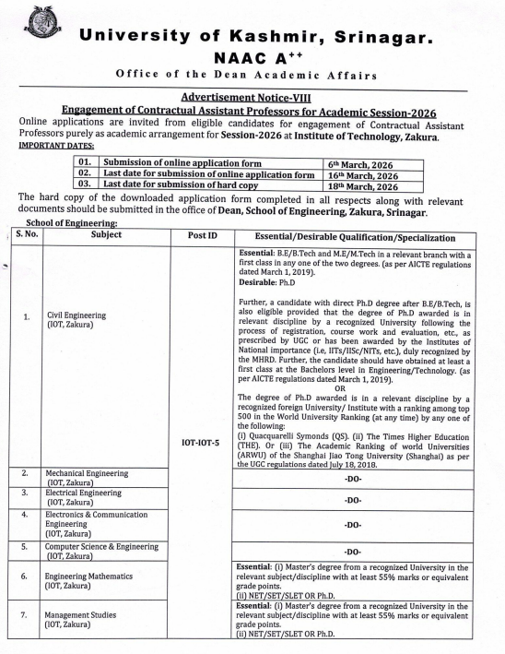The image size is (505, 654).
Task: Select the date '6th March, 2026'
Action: pos(362,163)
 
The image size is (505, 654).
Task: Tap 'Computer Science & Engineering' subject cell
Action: pos(106,551)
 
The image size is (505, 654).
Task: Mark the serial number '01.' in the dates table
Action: pos(86,163)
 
